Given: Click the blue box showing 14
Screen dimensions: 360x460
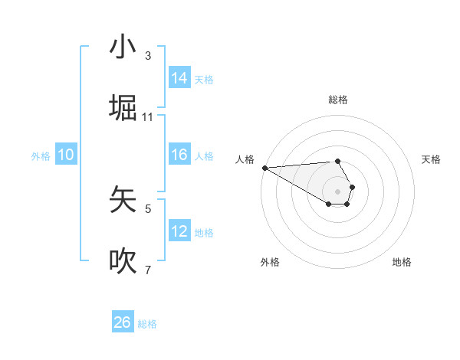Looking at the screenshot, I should click(179, 78).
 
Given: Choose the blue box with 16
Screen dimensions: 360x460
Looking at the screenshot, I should click(179, 155).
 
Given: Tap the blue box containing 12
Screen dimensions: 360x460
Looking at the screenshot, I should click(179, 231).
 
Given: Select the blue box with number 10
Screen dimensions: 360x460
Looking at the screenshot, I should click(66, 155).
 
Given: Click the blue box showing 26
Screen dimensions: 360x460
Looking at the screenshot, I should click(123, 322).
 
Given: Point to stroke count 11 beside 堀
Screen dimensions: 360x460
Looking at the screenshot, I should click(148, 117).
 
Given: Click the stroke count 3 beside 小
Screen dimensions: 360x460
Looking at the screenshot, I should click(148, 56).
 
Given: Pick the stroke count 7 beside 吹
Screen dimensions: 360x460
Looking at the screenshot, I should click(148, 270).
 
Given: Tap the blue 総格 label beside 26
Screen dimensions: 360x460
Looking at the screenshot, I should click(147, 324).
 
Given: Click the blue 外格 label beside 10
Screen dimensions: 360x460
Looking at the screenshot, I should click(41, 155).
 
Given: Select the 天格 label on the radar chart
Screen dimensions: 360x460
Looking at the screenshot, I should click(432, 159).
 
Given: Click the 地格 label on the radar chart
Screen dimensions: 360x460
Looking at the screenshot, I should click(402, 262).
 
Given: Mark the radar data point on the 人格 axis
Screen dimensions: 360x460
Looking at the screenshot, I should click(264, 167).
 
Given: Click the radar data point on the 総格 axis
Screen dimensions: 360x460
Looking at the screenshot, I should click(337, 161).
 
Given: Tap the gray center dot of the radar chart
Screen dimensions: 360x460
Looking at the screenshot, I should click(337, 191).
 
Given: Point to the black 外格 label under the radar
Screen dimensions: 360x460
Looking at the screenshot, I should click(270, 262).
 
